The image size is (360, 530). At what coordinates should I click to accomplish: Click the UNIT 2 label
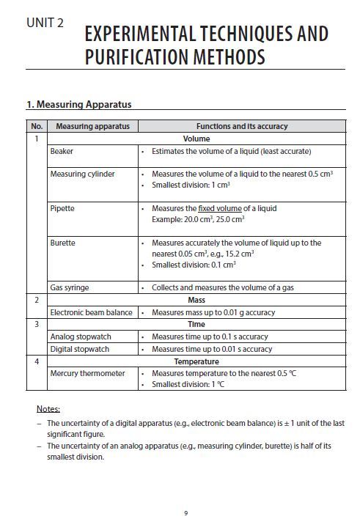tap(45, 23)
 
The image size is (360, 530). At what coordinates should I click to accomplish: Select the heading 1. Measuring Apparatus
tap(78, 104)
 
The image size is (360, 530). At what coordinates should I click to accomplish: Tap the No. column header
tap(37, 126)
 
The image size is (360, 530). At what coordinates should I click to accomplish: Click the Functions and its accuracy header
tap(241, 126)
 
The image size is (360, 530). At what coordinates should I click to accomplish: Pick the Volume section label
tap(196, 139)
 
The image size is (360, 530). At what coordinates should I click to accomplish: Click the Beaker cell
tap(62, 151)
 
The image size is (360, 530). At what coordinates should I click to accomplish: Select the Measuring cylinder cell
tap(82, 174)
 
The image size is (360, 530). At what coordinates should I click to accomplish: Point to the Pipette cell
tap(62, 209)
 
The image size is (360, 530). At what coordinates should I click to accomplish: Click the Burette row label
tap(63, 243)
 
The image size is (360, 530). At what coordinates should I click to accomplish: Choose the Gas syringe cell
tap(70, 287)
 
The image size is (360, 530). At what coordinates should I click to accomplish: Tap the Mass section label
tap(196, 300)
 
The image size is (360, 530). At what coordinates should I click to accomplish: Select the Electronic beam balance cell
tap(91, 312)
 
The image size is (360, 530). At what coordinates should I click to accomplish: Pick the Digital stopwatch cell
tap(78, 349)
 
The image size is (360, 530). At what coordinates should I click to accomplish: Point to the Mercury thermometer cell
tap(87, 373)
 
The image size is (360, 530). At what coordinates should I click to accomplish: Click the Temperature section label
tap(196, 361)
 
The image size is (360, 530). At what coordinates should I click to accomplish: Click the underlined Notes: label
tap(48, 408)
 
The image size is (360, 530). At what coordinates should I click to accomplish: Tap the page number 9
tap(186, 512)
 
